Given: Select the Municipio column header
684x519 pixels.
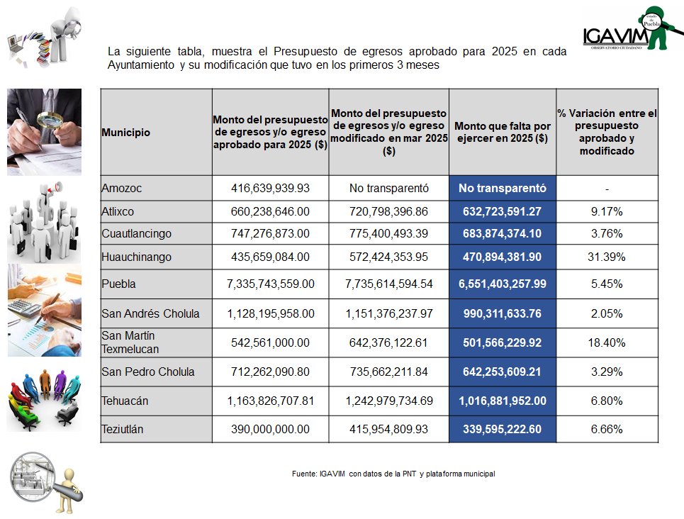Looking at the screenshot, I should click(125, 133).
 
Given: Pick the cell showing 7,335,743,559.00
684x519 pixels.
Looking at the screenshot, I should click(270, 284).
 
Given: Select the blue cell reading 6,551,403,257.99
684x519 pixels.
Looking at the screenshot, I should click(503, 284).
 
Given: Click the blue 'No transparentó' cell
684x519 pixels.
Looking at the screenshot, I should click(503, 189).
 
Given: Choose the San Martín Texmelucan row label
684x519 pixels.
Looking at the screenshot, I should click(130, 342).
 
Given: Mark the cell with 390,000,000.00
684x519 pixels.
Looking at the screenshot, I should click(270, 429).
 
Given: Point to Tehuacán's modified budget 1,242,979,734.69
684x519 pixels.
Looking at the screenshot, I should click(388, 401).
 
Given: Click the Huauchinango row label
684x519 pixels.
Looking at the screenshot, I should click(137, 256).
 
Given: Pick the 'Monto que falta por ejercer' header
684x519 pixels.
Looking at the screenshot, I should click(503, 133).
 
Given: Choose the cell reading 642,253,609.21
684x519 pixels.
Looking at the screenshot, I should click(503, 372).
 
